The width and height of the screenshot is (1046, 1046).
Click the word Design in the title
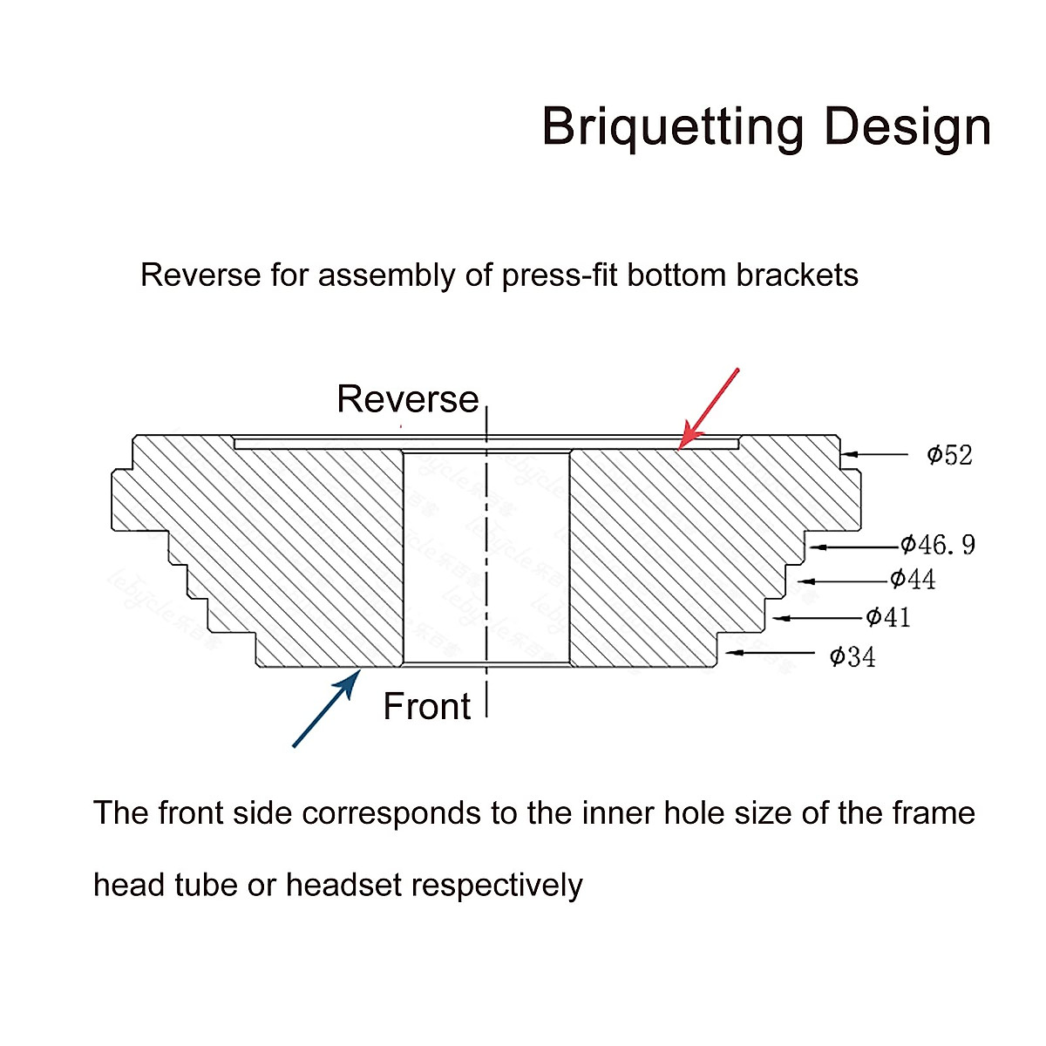pyautogui.click(x=907, y=127)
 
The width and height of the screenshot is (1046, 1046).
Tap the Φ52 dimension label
pyautogui.click(x=949, y=455)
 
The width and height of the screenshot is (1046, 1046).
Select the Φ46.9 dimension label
pyautogui.click(x=938, y=546)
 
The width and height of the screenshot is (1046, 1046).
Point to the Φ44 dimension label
pyautogui.click(x=913, y=580)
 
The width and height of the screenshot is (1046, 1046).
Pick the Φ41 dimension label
pyautogui.click(x=888, y=618)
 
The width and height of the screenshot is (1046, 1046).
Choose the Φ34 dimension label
pyautogui.click(x=852, y=656)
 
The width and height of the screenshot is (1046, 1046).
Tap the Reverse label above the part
pyautogui.click(x=407, y=399)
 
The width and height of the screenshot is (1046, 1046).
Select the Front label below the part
pyautogui.click(x=426, y=706)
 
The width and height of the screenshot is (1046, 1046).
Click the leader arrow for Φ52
pyautogui.click(x=874, y=454)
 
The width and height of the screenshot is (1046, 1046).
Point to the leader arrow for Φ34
pyautogui.click(x=771, y=652)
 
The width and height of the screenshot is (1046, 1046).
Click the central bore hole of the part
pyautogui.click(x=486, y=558)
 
